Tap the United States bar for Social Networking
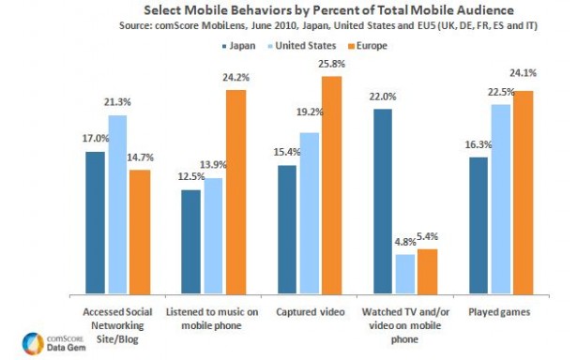click(118, 202)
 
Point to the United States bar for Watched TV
click(405, 271)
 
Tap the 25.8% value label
click(332, 66)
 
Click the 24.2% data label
click(235, 79)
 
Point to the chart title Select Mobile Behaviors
click(301, 9)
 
